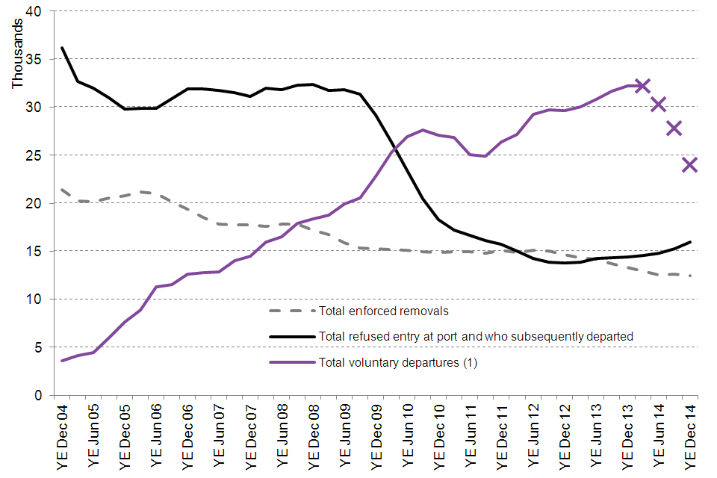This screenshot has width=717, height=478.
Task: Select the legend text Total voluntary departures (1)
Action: click(397, 363)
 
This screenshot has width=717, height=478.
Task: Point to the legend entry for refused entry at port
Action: click(476, 337)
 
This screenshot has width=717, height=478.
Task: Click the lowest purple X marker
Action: click(689, 165)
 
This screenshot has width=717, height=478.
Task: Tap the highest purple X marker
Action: click(642, 86)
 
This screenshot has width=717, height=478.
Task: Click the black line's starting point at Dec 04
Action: click(62, 48)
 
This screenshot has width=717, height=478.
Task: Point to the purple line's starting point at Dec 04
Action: click(62, 361)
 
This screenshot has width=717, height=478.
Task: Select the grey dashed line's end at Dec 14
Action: click(689, 276)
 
